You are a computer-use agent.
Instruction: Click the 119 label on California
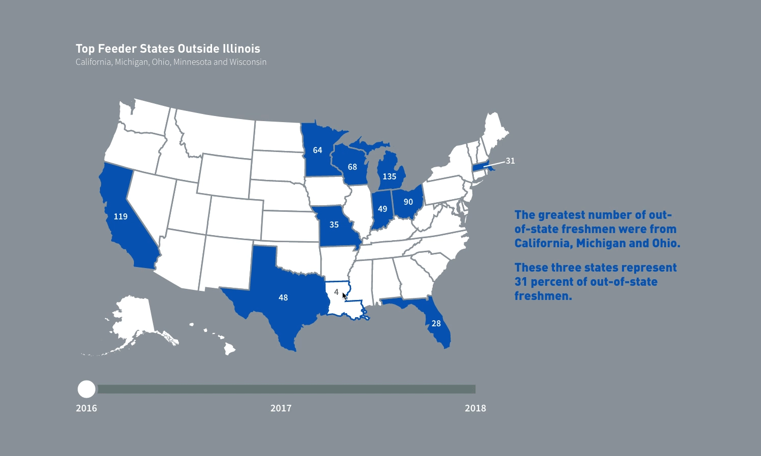(x=120, y=216)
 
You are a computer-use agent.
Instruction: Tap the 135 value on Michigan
(x=389, y=176)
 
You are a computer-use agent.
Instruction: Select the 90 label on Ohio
(x=408, y=202)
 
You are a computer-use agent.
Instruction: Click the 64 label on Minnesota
(x=317, y=150)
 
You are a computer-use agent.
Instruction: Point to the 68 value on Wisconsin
(x=352, y=167)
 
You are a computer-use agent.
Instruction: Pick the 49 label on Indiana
(x=383, y=209)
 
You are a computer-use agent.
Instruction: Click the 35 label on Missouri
(x=334, y=224)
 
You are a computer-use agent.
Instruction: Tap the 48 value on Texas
(x=283, y=297)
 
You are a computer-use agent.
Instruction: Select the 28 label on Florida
(x=436, y=323)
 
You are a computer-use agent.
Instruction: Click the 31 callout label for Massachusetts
(x=510, y=161)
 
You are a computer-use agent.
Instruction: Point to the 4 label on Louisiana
(x=336, y=292)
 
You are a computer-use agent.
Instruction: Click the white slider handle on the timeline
(x=86, y=389)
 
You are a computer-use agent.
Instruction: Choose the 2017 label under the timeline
(x=281, y=408)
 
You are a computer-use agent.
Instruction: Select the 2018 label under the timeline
(x=475, y=408)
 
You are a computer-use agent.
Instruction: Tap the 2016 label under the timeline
(x=86, y=408)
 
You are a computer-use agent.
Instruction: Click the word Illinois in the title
(x=241, y=49)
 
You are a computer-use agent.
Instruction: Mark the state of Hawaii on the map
(x=229, y=349)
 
